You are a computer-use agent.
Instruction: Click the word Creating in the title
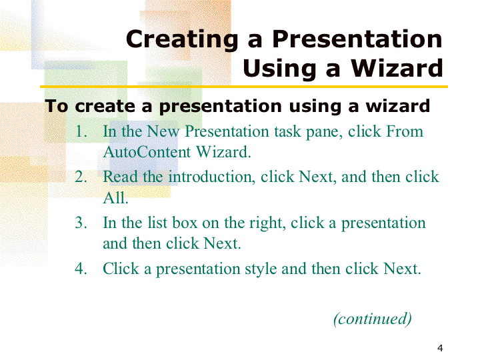pos(182,40)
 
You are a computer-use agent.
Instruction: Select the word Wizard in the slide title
pos(397,68)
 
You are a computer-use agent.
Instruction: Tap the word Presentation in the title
pos(357,39)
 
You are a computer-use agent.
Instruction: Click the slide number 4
pos(440,348)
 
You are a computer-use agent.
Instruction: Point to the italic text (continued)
pos(373,319)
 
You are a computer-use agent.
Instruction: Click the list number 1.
pos(81,131)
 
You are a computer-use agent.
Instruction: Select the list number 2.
pos(81,177)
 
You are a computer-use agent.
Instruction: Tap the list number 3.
pos(81,223)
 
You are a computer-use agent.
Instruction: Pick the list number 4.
pos(81,269)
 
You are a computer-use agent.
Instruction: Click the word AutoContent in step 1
pos(147,152)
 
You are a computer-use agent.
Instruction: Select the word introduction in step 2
pos(212,177)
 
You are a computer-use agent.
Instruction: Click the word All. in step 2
pos(115,198)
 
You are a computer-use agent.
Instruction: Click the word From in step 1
pos(405,131)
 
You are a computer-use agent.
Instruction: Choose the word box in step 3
pos(185,223)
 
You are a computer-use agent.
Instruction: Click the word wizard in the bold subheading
pos(398,106)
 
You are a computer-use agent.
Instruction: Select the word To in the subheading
pos(56,106)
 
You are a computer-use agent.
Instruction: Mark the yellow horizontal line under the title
pos(244,87)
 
